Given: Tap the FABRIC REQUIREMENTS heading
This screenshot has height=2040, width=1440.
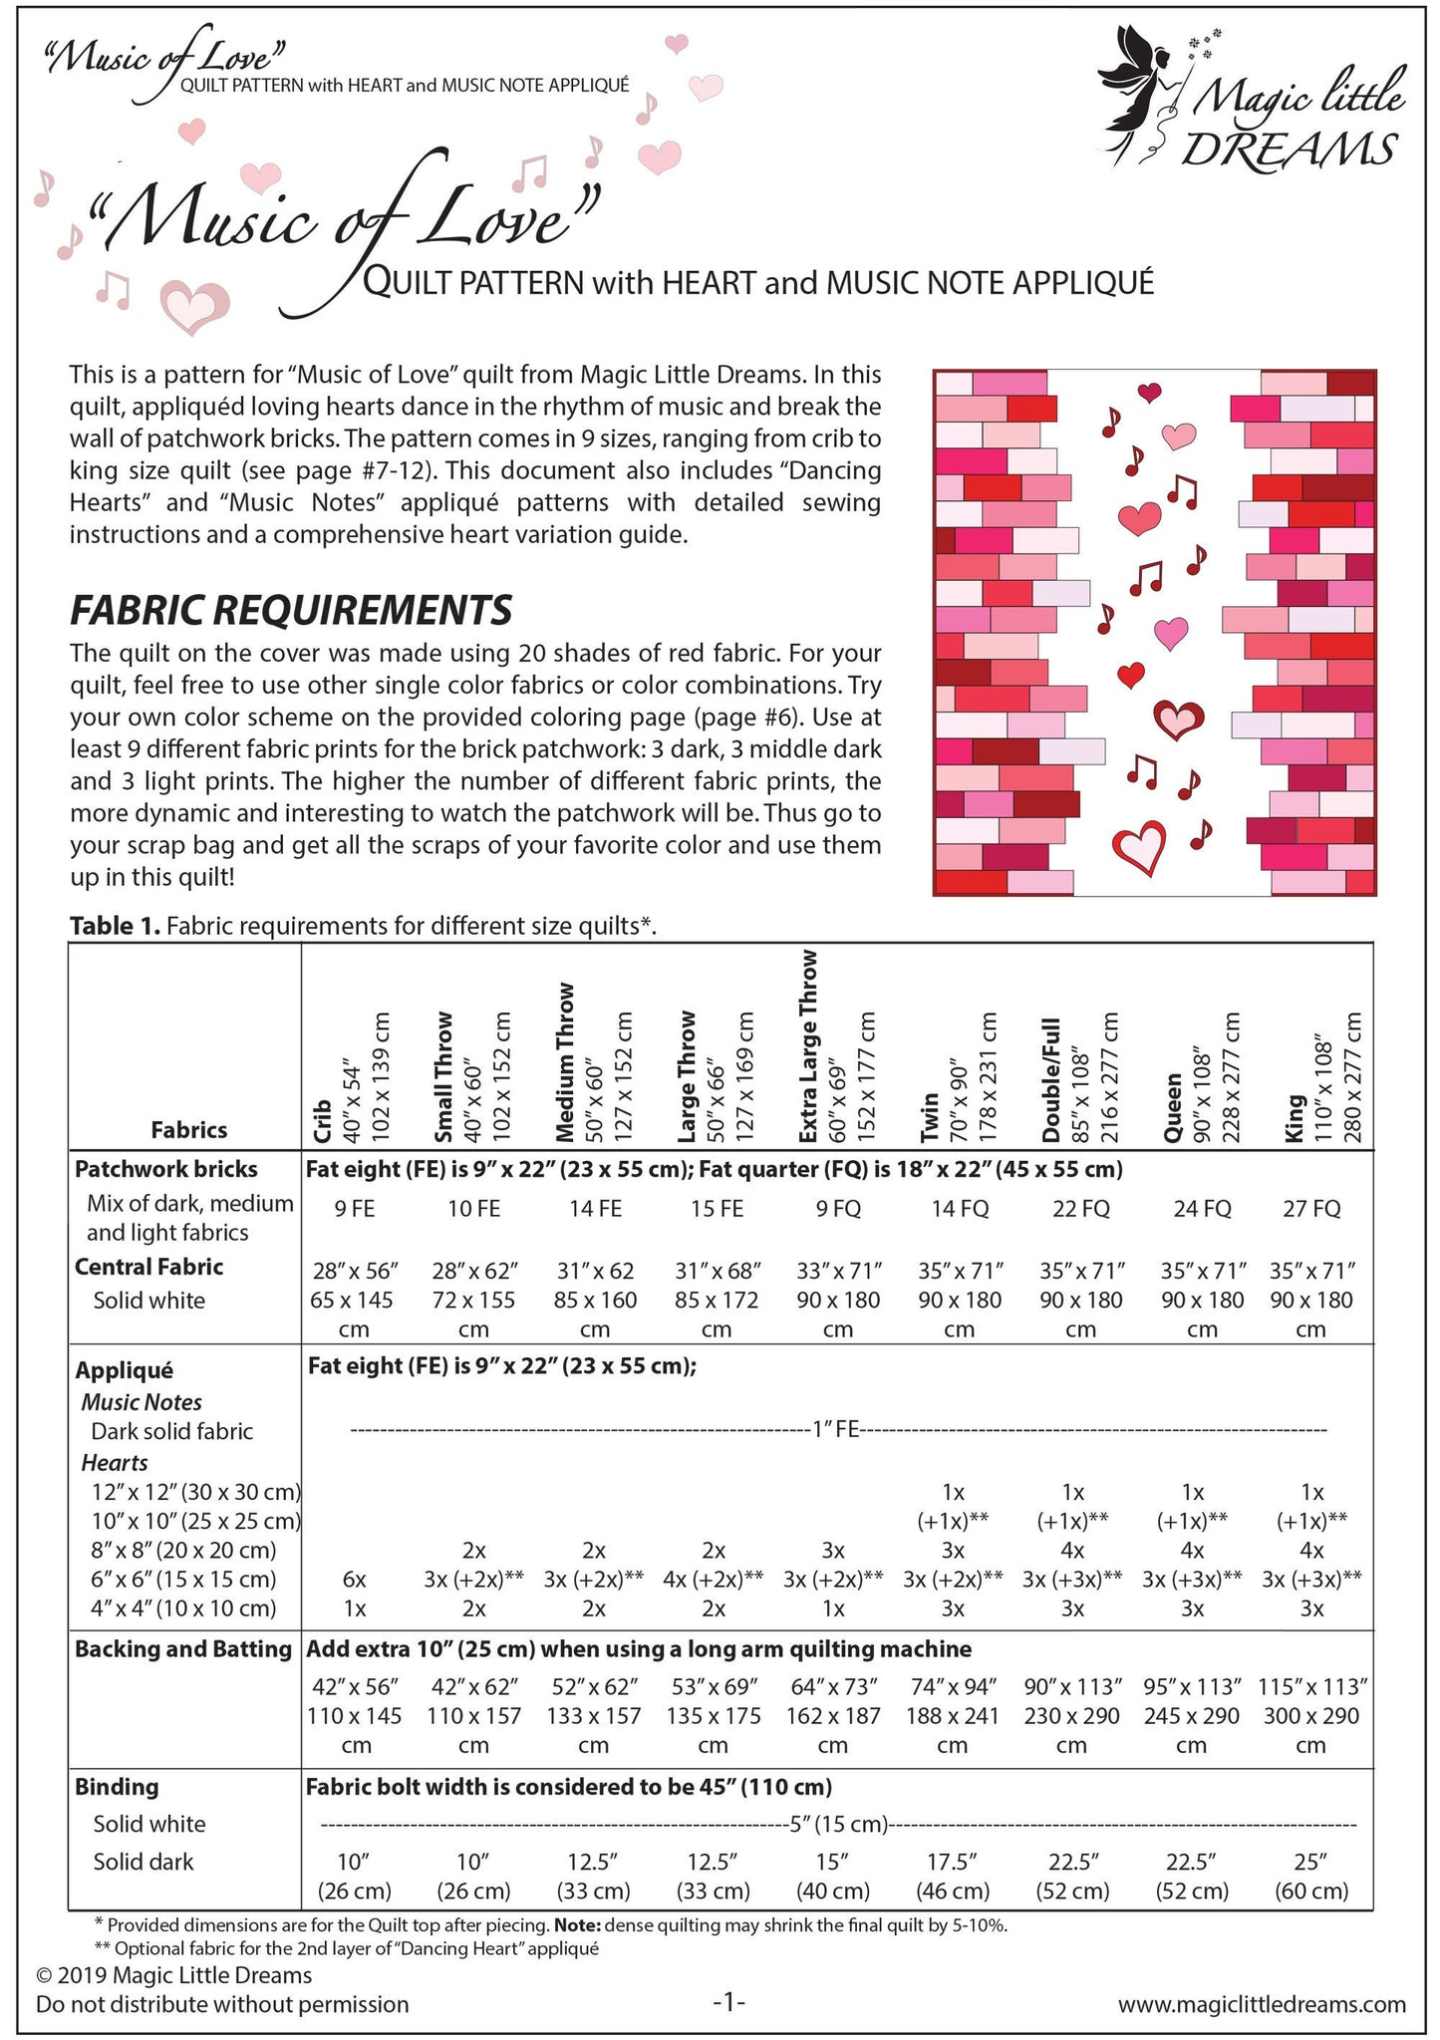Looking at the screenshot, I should click(291, 608).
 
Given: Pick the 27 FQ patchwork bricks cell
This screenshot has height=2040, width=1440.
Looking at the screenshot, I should click(1311, 1209).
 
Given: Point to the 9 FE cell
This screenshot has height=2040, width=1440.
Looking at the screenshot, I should click(354, 1209).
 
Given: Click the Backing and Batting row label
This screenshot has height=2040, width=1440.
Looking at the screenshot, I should click(183, 1648).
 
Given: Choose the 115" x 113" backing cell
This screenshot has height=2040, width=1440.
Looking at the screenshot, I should click(1312, 1686).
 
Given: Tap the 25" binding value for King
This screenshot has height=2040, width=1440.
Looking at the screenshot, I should click(1311, 1861).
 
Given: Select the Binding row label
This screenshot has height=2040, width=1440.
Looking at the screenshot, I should click(117, 1786).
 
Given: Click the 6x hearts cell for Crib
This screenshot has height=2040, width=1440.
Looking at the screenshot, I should click(354, 1579).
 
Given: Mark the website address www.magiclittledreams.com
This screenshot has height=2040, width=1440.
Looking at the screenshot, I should click(1262, 2003).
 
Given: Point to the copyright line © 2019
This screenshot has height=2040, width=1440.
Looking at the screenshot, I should click(173, 1975).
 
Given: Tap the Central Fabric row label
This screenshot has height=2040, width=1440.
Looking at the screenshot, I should click(149, 1267).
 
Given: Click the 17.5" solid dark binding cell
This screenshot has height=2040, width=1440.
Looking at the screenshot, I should click(952, 1861).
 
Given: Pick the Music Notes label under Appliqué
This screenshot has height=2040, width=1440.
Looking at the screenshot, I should click(142, 1402).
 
